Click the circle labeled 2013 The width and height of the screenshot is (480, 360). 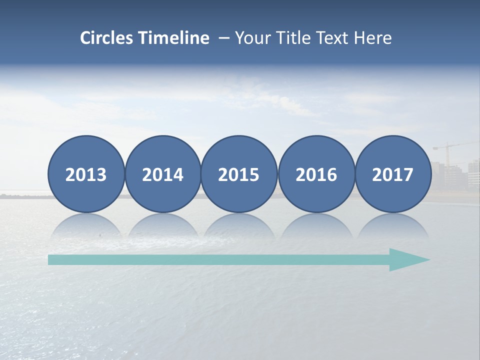86,174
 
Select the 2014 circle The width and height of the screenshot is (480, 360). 163,174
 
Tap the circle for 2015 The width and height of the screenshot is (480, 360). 239,174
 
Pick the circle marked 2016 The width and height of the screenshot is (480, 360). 316,174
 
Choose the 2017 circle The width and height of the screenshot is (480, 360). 393,174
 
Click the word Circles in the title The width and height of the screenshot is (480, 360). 107,38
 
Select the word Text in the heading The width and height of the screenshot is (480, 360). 333,38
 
